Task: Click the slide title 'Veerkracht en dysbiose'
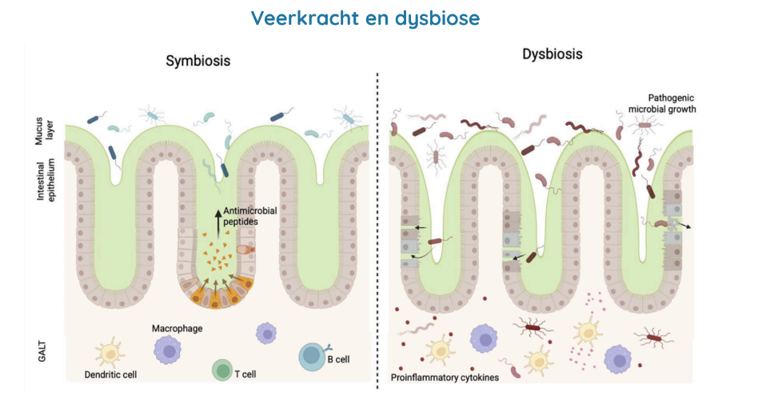click(x=365, y=18)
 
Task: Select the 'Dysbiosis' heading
click(x=552, y=54)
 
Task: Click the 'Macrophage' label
click(x=178, y=329)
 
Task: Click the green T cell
click(x=221, y=370)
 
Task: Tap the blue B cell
click(x=311, y=355)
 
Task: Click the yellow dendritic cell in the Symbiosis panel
click(x=111, y=352)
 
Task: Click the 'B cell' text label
click(x=338, y=360)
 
